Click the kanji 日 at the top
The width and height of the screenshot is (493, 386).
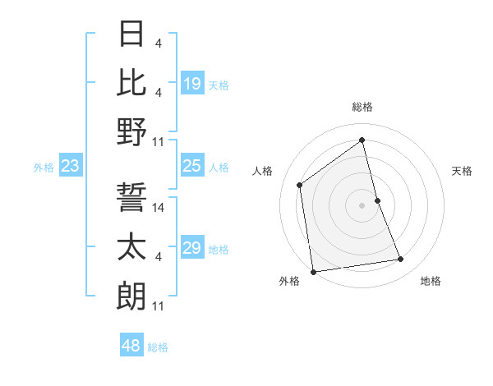coord(131,34)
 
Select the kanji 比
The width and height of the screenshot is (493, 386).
coord(131,82)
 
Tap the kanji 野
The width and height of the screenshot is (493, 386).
coord(131,131)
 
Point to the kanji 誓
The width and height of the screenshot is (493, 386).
coord(131,198)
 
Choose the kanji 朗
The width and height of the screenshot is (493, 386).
coord(131,295)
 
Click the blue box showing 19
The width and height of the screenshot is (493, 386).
coord(192,84)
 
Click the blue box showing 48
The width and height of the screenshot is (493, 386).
coord(131,346)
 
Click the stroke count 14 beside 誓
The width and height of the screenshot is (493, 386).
coord(159,208)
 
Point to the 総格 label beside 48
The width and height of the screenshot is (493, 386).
coord(158,347)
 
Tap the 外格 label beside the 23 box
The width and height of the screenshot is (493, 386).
coord(44,168)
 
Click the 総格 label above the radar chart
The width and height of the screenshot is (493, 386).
coord(362,107)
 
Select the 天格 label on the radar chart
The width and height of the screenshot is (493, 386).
coord(462,171)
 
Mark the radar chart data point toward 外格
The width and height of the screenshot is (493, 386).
coord(313,272)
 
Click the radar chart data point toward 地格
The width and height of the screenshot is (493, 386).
coord(401,260)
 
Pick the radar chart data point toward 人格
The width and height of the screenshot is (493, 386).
coord(300,185)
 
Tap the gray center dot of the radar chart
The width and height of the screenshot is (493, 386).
coord(362,204)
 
